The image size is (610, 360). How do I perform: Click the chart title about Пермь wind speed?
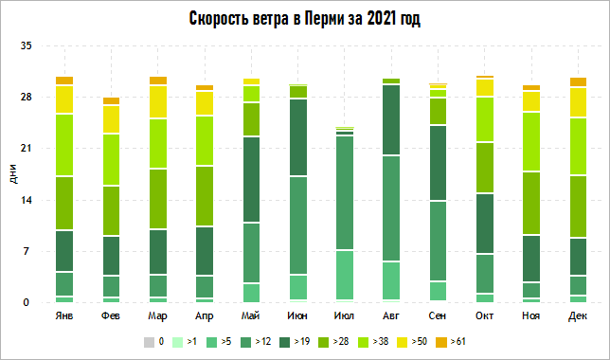coord(305,19)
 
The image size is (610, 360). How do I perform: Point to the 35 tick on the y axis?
coord(26,45)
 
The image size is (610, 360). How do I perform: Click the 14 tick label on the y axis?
coord(26,200)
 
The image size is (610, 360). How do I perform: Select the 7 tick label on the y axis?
coord(28,252)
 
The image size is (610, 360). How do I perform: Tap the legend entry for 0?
coord(155,340)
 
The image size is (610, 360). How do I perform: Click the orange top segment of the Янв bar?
coord(64,81)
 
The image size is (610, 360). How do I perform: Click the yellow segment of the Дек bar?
coord(577,101)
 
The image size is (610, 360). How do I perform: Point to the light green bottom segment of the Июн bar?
coord(297,288)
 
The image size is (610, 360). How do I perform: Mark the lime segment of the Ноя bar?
coord(530,141)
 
